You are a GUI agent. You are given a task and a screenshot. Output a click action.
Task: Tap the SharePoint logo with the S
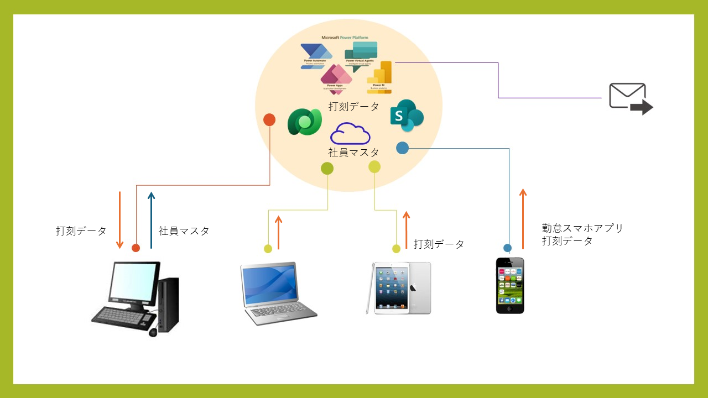[x=407, y=116]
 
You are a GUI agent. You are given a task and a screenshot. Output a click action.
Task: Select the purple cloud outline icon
[x=350, y=133]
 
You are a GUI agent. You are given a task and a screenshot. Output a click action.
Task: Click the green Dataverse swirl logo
[x=304, y=122]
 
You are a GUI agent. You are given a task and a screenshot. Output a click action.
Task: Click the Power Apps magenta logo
[x=336, y=77]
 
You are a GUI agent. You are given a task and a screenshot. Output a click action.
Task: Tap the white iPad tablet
[x=398, y=288]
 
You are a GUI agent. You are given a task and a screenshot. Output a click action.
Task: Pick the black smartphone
[x=510, y=285]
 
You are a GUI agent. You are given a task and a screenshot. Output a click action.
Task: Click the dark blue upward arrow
[x=151, y=220]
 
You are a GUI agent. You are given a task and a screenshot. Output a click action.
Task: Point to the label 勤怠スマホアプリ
[x=582, y=228]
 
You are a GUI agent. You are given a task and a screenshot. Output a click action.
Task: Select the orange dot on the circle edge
[x=269, y=119]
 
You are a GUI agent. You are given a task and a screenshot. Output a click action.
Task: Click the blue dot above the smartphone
[x=507, y=248]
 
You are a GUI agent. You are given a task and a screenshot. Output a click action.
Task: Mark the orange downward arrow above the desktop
[x=119, y=220]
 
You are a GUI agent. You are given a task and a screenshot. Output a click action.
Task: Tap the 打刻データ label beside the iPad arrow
[x=439, y=244]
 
